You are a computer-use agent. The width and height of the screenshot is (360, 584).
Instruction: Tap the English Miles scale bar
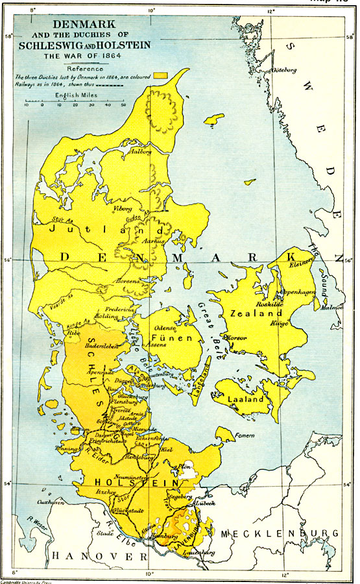(x=75, y=101)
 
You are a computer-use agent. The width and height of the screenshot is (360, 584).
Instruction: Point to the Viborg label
(x=123, y=208)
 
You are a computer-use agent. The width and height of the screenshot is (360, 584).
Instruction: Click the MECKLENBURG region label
(x=280, y=533)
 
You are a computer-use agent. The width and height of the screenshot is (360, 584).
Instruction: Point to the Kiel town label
(x=184, y=448)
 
